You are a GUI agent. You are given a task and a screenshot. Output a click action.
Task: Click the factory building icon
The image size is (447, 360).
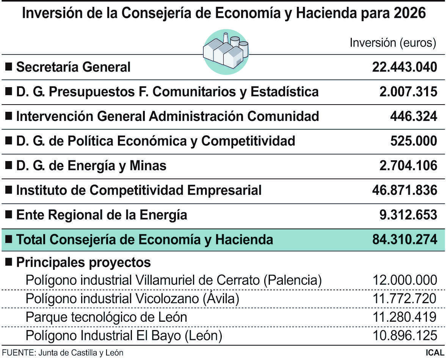226,51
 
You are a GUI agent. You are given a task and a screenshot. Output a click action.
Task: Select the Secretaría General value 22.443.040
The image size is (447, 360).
404,67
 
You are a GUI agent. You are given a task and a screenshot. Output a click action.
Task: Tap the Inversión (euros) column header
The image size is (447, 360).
392,42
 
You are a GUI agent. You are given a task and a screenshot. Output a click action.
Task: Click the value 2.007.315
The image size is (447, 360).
408,92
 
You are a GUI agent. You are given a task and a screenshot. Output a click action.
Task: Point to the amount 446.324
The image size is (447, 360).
413,116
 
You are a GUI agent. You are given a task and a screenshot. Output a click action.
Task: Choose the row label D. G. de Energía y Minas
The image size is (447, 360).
91,166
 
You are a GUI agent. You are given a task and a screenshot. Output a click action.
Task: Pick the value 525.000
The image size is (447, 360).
413,141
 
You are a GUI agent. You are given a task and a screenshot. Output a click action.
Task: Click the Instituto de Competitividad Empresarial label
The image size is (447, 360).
138,190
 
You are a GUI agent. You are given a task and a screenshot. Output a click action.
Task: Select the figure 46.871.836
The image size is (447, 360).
404,190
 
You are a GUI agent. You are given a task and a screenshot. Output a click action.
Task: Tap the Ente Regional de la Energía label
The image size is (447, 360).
101,215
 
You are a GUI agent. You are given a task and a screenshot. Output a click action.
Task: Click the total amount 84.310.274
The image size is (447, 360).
404,239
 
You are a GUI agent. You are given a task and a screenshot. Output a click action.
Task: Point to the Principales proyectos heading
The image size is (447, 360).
83,262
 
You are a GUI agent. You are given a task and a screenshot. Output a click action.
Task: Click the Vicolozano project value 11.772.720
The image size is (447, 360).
405,299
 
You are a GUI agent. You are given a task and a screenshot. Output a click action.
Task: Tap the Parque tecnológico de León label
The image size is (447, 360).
106,317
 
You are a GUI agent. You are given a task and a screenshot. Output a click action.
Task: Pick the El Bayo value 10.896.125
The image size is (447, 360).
405,335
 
